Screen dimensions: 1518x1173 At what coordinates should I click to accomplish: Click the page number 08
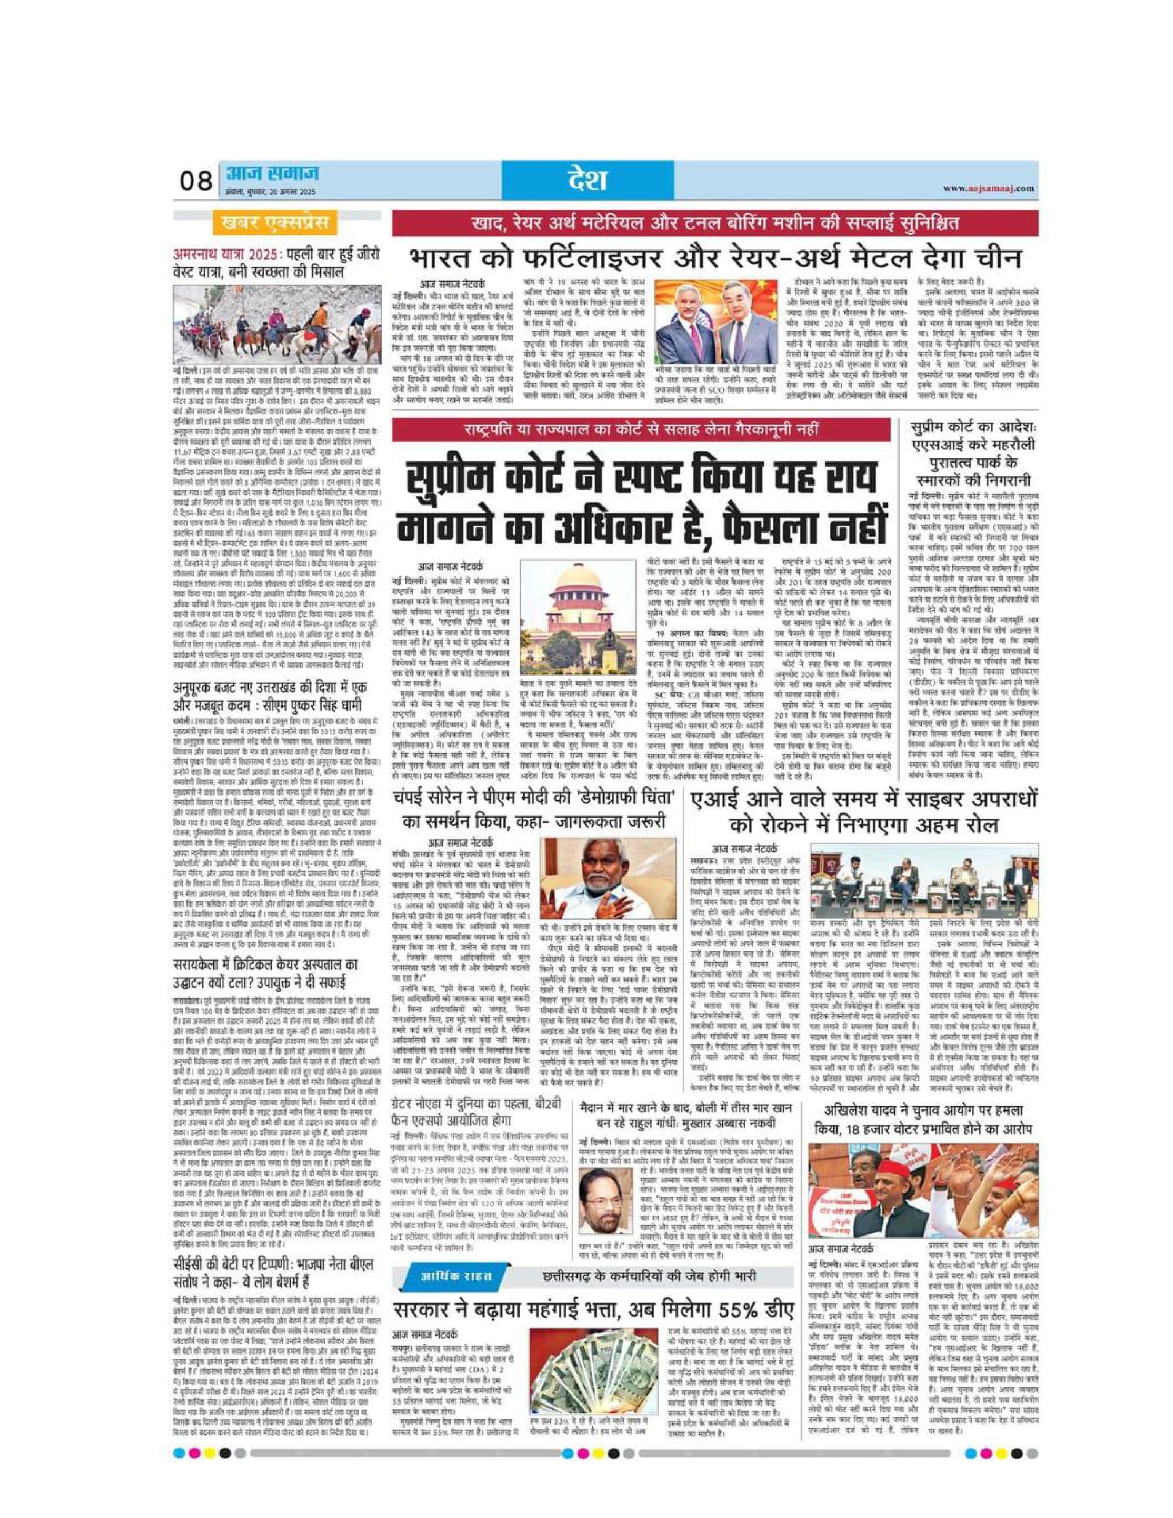(x=195, y=182)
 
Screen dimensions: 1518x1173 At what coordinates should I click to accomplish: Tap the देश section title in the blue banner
(x=587, y=180)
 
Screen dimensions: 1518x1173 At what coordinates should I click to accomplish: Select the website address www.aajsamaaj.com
(x=989, y=188)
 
